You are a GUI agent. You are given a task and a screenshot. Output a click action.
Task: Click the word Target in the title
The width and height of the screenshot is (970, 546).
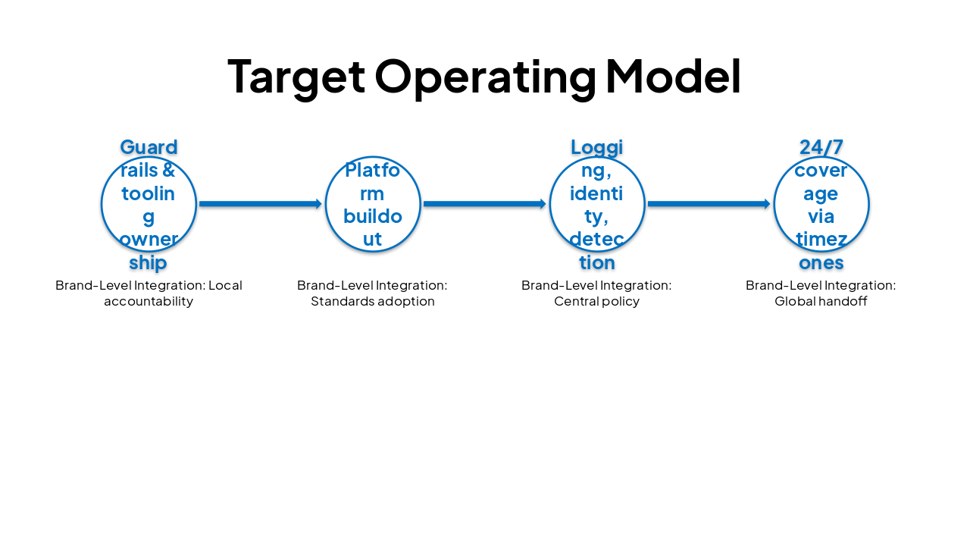tap(296, 76)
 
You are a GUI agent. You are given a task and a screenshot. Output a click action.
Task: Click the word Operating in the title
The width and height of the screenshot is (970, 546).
tap(485, 76)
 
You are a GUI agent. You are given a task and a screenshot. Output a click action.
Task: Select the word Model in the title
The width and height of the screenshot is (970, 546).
tap(673, 76)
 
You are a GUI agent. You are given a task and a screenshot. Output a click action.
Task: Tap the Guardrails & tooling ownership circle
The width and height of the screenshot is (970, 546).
tap(149, 204)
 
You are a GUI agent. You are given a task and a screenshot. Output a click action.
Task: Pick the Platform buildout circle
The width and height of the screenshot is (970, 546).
tap(373, 204)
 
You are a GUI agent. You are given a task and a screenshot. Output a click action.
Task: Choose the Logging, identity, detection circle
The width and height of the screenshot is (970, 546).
tap(597, 204)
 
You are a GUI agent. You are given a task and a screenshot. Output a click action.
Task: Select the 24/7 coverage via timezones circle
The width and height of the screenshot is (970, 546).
tap(821, 204)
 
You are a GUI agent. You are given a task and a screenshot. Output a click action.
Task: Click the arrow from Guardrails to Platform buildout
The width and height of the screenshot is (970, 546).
tap(261, 204)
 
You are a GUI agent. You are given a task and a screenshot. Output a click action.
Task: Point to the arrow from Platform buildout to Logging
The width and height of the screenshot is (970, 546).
tap(485, 204)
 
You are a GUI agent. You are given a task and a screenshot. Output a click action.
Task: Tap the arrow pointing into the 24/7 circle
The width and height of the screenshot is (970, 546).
tap(709, 204)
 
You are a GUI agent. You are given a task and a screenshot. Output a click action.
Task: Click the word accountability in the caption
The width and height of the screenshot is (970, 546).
tap(149, 301)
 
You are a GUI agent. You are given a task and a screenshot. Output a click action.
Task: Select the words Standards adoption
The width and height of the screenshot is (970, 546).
tap(373, 301)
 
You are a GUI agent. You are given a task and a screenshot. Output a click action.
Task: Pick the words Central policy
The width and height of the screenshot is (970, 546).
tap(597, 301)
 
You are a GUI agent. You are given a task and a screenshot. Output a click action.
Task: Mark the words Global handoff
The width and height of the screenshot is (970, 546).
tap(821, 301)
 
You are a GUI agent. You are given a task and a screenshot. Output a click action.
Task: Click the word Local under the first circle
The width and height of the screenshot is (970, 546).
tap(225, 285)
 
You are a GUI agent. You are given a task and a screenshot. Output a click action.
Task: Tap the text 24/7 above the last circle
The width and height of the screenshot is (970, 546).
tap(821, 147)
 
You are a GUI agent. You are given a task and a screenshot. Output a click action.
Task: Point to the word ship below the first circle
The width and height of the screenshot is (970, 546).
tap(149, 262)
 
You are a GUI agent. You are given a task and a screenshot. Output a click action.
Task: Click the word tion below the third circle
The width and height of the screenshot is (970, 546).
tap(597, 262)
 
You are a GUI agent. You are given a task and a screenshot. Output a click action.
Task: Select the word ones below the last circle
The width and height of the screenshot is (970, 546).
tap(821, 262)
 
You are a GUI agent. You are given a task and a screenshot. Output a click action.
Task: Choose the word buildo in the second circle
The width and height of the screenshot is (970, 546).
tap(373, 216)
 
